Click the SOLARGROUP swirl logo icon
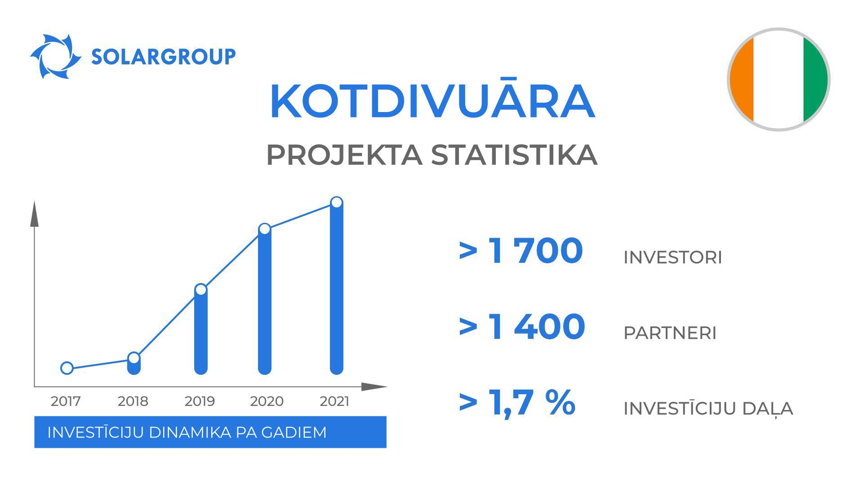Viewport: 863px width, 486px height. tap(55, 57)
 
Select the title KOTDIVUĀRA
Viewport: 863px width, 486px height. tap(432, 102)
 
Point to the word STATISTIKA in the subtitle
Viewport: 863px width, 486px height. tap(514, 155)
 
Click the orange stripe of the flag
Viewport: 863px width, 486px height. tap(742, 80)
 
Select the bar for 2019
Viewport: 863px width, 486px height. tap(201, 333)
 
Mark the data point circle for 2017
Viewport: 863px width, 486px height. tap(67, 368)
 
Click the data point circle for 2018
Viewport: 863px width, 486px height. tap(134, 358)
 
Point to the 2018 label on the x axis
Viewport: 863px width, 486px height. tap(133, 401)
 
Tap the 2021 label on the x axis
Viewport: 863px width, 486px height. tap(334, 401)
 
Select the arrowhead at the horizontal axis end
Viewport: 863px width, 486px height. tap(374, 387)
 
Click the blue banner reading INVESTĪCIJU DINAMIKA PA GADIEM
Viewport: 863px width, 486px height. tap(210, 432)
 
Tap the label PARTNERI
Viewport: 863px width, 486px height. tap(670, 333)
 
